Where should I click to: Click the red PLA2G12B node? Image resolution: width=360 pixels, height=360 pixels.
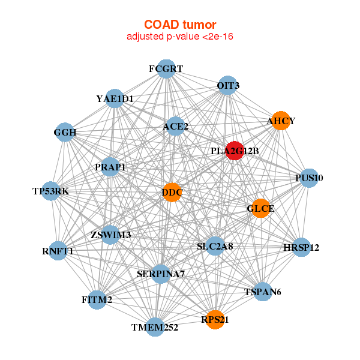click(235, 151)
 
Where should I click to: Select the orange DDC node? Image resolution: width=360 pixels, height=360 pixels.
click(172, 193)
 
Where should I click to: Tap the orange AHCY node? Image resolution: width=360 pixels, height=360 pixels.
click(281, 121)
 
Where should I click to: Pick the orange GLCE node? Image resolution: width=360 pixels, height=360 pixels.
click(260, 208)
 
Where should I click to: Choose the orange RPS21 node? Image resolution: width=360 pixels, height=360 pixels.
click(215, 320)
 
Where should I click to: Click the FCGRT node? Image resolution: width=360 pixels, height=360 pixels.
click(166, 69)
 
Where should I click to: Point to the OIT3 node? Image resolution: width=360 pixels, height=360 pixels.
click(227, 85)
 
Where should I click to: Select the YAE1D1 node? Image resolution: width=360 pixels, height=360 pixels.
click(115, 98)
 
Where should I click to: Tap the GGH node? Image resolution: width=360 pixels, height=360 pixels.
click(65, 132)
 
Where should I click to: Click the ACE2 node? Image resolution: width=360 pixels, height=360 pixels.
click(175, 126)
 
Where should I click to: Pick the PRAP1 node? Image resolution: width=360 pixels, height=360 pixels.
click(110, 167)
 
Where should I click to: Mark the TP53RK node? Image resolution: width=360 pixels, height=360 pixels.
click(51, 191)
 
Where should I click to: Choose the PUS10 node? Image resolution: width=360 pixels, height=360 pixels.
click(309, 178)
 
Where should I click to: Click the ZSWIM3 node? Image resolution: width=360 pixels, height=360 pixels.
click(110, 235)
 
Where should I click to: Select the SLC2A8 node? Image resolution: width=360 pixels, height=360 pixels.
click(215, 246)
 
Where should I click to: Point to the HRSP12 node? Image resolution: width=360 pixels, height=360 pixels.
click(301, 247)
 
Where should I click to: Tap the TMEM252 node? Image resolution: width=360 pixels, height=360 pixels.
click(155, 327)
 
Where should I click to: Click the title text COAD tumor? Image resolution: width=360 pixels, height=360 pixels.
click(180, 25)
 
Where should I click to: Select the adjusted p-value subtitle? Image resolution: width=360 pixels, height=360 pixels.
click(180, 37)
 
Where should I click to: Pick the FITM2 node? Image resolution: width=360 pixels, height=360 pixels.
click(97, 300)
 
